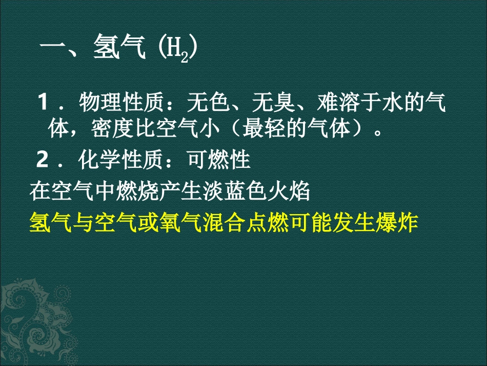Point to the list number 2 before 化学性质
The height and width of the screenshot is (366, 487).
tap(43, 161)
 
